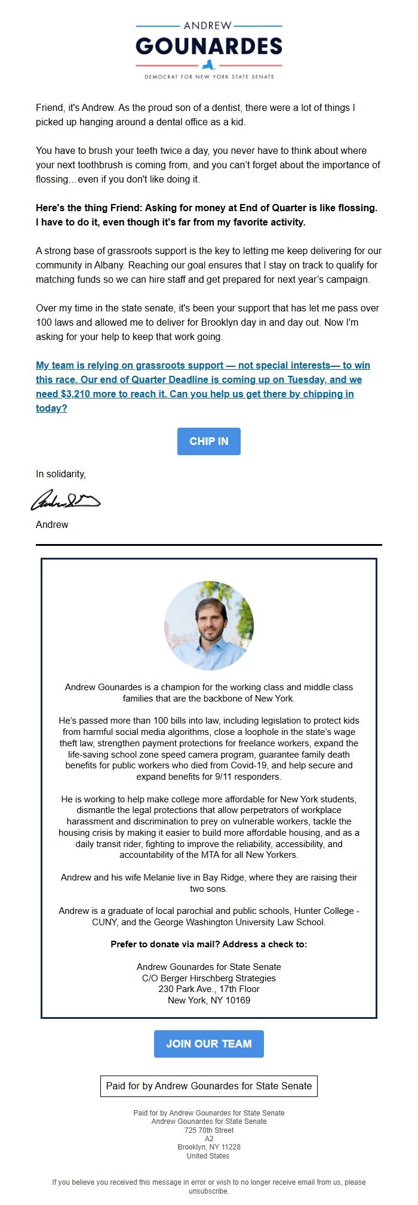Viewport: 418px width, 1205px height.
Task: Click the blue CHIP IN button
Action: pyautogui.click(x=208, y=441)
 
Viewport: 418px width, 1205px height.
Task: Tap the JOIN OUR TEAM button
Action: pyautogui.click(x=208, y=1043)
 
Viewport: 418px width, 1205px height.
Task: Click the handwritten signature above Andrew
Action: pyautogui.click(x=65, y=500)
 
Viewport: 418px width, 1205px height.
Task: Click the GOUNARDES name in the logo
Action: pyautogui.click(x=208, y=46)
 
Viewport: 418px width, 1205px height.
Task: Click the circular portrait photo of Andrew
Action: pyautogui.click(x=208, y=626)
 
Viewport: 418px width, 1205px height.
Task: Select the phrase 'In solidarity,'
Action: pyautogui.click(x=61, y=474)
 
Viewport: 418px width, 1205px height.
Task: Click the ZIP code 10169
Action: pyautogui.click(x=236, y=1000)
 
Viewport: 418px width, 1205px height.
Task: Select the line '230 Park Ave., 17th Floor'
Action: pyautogui.click(x=208, y=988)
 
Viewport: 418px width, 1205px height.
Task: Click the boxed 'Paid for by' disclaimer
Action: pyautogui.click(x=208, y=1086)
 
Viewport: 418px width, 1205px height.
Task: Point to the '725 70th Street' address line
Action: pyautogui.click(x=208, y=1130)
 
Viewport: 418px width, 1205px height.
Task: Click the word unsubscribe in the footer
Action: pyautogui.click(x=208, y=1191)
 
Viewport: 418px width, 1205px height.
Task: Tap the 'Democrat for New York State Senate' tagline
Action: pyautogui.click(x=208, y=77)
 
